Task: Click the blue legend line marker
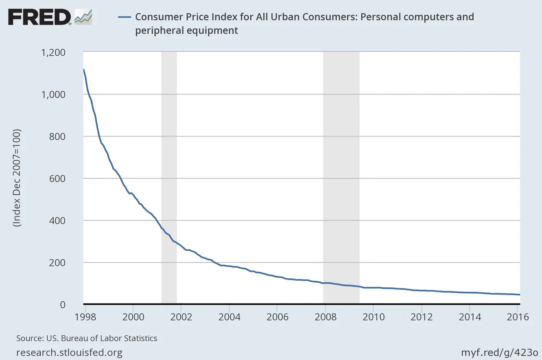(x=124, y=17)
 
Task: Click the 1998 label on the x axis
(x=85, y=317)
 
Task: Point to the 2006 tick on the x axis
(x=277, y=317)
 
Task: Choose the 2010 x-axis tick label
(x=373, y=317)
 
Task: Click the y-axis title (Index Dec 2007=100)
(x=17, y=179)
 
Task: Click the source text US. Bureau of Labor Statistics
(x=87, y=338)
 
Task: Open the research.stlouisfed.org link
(x=69, y=352)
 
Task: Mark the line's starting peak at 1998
(x=84, y=70)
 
